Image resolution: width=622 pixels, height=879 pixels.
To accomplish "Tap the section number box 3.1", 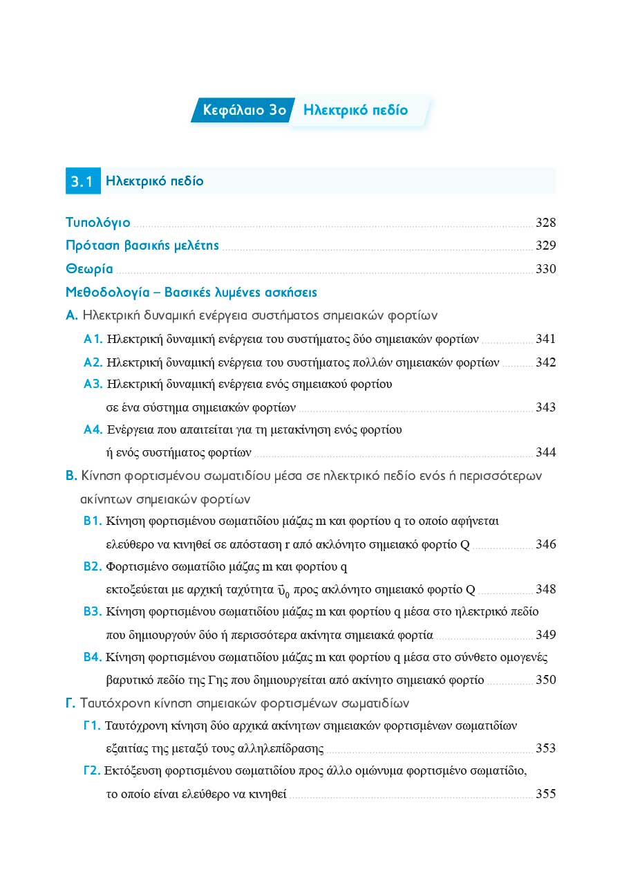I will click(x=82, y=182).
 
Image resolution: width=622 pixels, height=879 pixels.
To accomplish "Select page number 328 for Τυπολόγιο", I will click(x=545, y=223).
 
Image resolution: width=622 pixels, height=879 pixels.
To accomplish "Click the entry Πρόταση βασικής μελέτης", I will click(x=142, y=246).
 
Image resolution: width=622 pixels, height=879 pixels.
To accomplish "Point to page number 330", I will click(x=545, y=269).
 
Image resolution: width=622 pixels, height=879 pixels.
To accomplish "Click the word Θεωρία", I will click(x=89, y=269).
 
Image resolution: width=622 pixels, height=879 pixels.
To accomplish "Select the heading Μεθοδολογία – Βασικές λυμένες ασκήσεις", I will click(x=191, y=293).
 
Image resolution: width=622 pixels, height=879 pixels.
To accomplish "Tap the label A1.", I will click(x=93, y=339).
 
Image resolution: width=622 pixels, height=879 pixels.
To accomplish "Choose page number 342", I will click(x=545, y=362).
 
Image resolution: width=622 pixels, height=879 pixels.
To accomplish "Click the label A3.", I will click(x=93, y=384).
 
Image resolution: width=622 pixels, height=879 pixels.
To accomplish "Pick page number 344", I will click(x=545, y=453).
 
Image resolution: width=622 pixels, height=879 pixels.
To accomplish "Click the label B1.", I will click(x=93, y=521).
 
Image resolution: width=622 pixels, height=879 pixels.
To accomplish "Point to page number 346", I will click(x=545, y=544).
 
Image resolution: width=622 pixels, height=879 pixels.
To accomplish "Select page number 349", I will click(x=545, y=635).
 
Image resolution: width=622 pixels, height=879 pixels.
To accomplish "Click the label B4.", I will click(x=93, y=657).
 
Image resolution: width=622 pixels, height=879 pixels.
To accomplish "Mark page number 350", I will click(x=545, y=680).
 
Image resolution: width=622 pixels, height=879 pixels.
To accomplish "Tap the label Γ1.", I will click(x=93, y=725).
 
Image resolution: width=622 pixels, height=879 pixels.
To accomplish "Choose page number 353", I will click(x=545, y=748).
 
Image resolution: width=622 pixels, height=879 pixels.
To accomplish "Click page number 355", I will click(x=545, y=794).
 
